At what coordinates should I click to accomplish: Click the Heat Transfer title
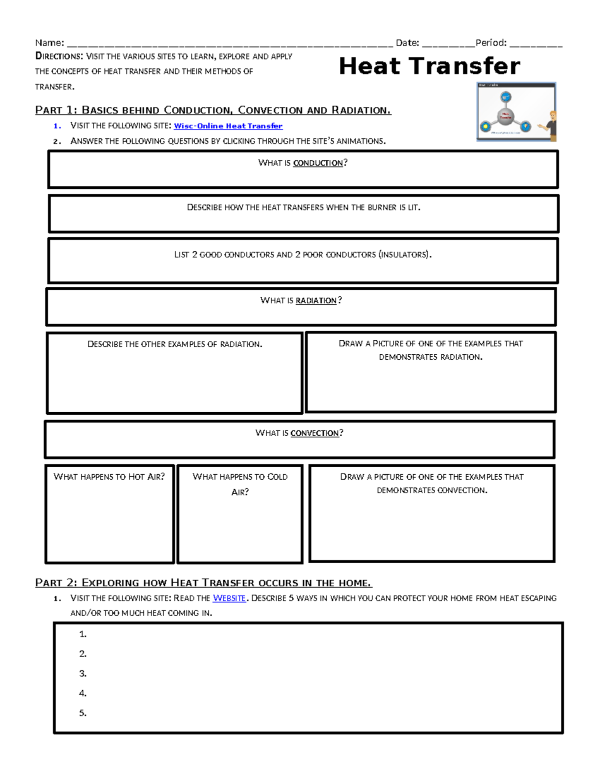pyautogui.click(x=429, y=66)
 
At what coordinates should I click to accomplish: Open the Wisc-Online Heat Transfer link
pyautogui.click(x=228, y=126)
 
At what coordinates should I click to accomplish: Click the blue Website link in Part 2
pyautogui.click(x=229, y=598)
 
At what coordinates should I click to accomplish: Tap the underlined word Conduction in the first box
pyautogui.click(x=318, y=163)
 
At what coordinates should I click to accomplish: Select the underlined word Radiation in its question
pyautogui.click(x=316, y=300)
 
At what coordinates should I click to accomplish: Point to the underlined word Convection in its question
pyautogui.click(x=314, y=433)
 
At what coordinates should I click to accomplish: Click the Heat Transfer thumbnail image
pyautogui.click(x=516, y=111)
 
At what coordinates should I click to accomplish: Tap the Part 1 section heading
pyautogui.click(x=213, y=110)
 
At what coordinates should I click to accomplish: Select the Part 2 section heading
pyautogui.click(x=203, y=583)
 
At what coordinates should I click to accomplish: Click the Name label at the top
pyautogui.click(x=49, y=43)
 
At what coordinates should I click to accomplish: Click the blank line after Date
pyautogui.click(x=448, y=44)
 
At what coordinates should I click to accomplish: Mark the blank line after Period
pyautogui.click(x=535, y=44)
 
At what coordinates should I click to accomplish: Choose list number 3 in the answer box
pyautogui.click(x=83, y=674)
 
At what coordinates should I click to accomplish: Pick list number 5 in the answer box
pyautogui.click(x=83, y=713)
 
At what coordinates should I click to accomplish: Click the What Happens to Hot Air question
pyautogui.click(x=109, y=477)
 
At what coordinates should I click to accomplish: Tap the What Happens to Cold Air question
pyautogui.click(x=240, y=484)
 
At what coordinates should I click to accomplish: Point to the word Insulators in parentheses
pyautogui.click(x=404, y=255)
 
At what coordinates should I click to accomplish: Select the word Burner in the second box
pyautogui.click(x=382, y=207)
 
